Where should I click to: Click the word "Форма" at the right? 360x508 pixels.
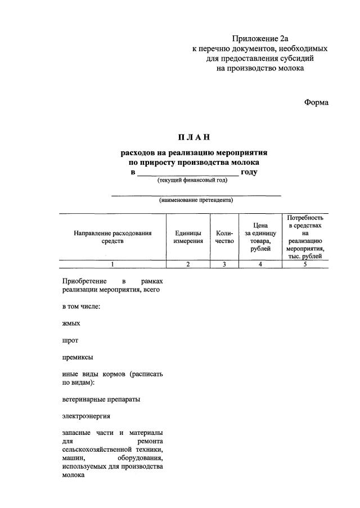[x=316, y=102]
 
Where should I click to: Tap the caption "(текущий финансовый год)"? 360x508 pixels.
[x=192, y=181]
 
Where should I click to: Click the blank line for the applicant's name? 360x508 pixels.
[x=196, y=194]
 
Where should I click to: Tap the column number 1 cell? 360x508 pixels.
[x=112, y=264]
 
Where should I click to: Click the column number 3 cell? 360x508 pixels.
[x=224, y=264]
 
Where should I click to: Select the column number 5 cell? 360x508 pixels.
[x=304, y=264]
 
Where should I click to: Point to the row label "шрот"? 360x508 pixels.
[x=71, y=340]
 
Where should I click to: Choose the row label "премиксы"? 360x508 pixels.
[x=78, y=357]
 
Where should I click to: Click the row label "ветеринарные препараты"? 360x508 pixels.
[x=101, y=399]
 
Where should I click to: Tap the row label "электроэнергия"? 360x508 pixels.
[x=86, y=416]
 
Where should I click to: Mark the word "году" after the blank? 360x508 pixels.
[x=249, y=172]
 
